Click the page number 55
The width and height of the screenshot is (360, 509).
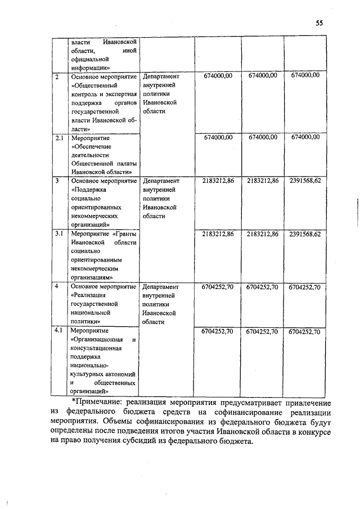coord(319,23)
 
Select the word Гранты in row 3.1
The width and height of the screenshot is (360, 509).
coord(125,233)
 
